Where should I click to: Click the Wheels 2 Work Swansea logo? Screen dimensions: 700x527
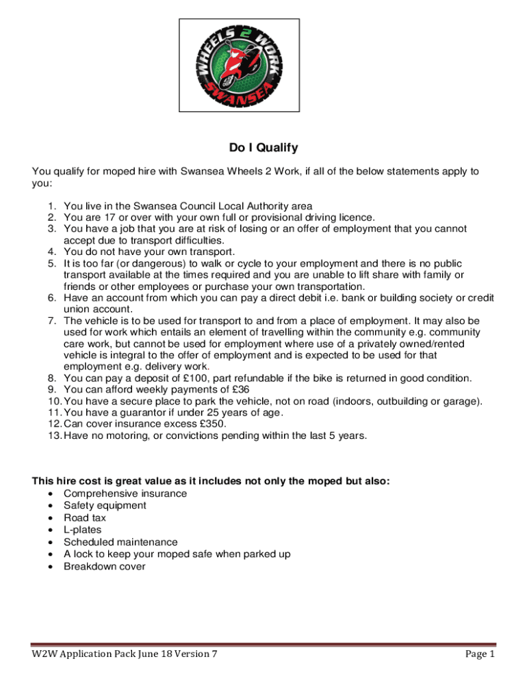pyautogui.click(x=239, y=65)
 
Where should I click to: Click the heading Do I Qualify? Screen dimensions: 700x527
pyautogui.click(x=263, y=148)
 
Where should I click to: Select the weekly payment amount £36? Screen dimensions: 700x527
pyautogui.click(x=240, y=390)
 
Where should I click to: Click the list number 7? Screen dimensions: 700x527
pyautogui.click(x=52, y=321)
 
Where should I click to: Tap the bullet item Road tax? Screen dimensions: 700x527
pyautogui.click(x=85, y=517)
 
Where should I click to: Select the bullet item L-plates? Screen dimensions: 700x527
pyautogui.click(x=82, y=530)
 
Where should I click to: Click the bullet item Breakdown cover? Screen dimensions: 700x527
pyautogui.click(x=104, y=566)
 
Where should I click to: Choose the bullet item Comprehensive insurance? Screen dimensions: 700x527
pyautogui.click(x=125, y=494)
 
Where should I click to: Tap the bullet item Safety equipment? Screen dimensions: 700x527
pyautogui.click(x=105, y=505)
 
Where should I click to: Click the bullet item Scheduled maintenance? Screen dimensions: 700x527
pyautogui.click(x=120, y=542)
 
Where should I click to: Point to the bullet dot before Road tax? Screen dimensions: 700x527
pyautogui.click(x=51, y=518)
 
